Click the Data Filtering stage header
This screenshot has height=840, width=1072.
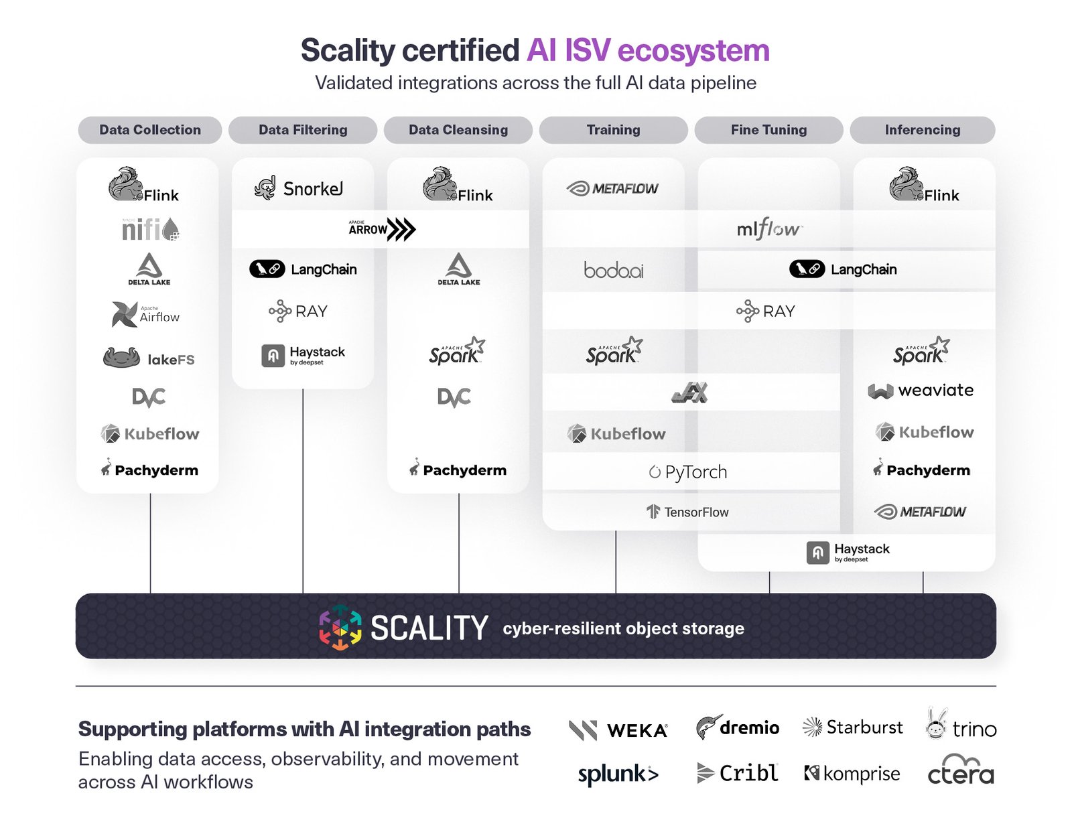(x=303, y=130)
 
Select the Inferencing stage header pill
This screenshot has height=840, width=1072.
(x=922, y=130)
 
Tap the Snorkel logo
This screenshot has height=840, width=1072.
(x=299, y=188)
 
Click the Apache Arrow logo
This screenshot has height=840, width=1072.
(x=381, y=229)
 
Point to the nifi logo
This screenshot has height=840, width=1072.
(x=150, y=229)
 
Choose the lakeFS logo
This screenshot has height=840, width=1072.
(x=149, y=358)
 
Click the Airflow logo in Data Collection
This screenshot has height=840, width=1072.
(x=146, y=314)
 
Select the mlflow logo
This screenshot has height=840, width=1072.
(x=768, y=229)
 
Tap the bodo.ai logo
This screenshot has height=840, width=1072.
(x=613, y=270)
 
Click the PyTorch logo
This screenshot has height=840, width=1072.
(x=688, y=472)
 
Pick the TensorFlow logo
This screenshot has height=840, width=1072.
(x=687, y=512)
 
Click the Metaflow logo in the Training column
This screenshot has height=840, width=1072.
(x=613, y=188)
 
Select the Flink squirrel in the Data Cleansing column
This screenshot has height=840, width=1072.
(x=440, y=184)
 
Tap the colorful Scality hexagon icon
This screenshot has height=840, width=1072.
(x=340, y=628)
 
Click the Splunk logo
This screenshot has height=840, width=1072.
(x=618, y=774)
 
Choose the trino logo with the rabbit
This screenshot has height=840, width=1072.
(x=960, y=725)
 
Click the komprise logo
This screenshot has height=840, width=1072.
(x=852, y=774)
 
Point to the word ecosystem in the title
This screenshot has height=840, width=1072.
(x=693, y=51)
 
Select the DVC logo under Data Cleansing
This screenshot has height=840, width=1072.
(x=454, y=397)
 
